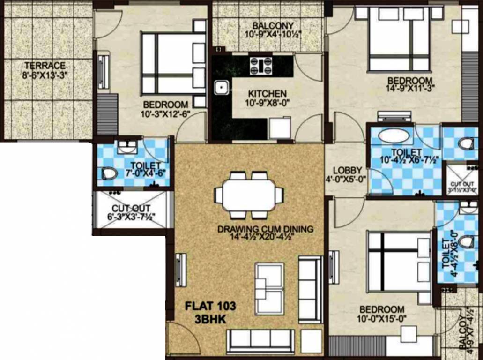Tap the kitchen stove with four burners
261,65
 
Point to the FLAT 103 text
210,307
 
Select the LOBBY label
347,170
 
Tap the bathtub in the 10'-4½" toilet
393,136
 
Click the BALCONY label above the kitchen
273,25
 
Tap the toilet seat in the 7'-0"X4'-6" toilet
109,173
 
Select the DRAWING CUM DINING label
265,229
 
